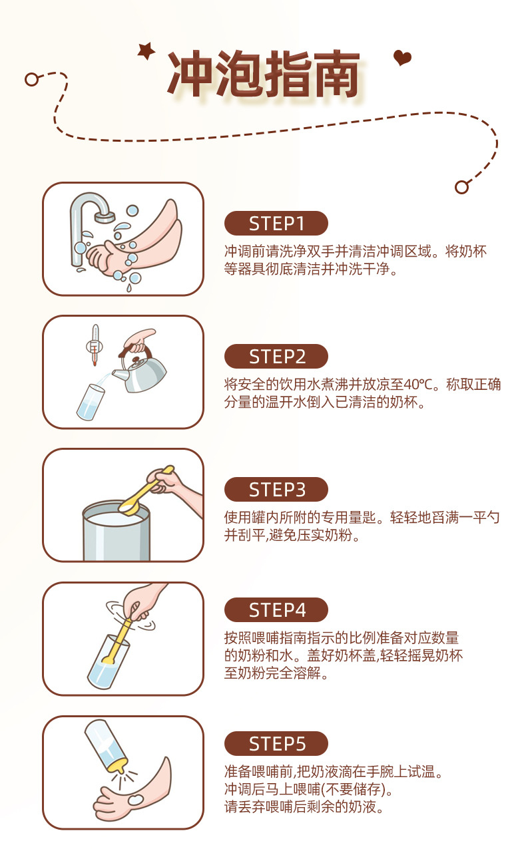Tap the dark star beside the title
(145, 51)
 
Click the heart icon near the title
(402, 58)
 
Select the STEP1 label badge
(276, 224)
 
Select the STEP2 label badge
(276, 357)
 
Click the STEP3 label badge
(276, 490)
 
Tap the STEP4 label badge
(276, 609)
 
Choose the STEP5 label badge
(276, 743)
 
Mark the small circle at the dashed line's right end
(461, 187)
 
